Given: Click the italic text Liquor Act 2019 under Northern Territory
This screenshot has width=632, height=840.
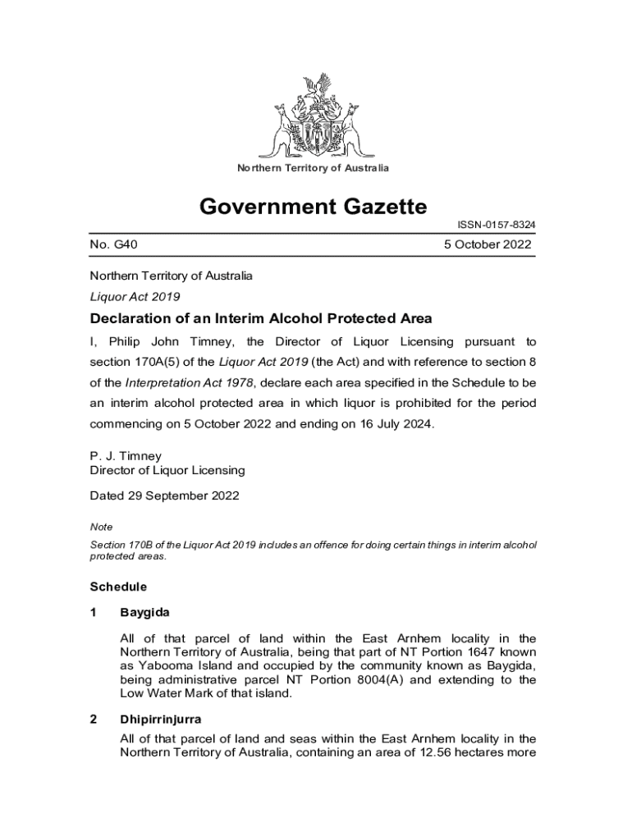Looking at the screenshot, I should tap(135, 297).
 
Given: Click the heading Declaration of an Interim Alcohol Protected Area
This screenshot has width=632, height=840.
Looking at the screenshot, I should tap(260, 319).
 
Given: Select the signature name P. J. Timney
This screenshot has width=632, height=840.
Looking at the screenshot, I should tap(126, 456).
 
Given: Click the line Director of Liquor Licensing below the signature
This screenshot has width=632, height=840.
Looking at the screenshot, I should tap(167, 470).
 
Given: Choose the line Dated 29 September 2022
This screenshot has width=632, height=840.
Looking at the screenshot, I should tap(164, 496).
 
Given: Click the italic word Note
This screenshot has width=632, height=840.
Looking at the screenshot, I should tap(101, 527).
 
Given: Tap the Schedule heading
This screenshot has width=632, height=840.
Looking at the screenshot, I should tap(118, 587).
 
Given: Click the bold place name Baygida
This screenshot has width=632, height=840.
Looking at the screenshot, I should tap(144, 613).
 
